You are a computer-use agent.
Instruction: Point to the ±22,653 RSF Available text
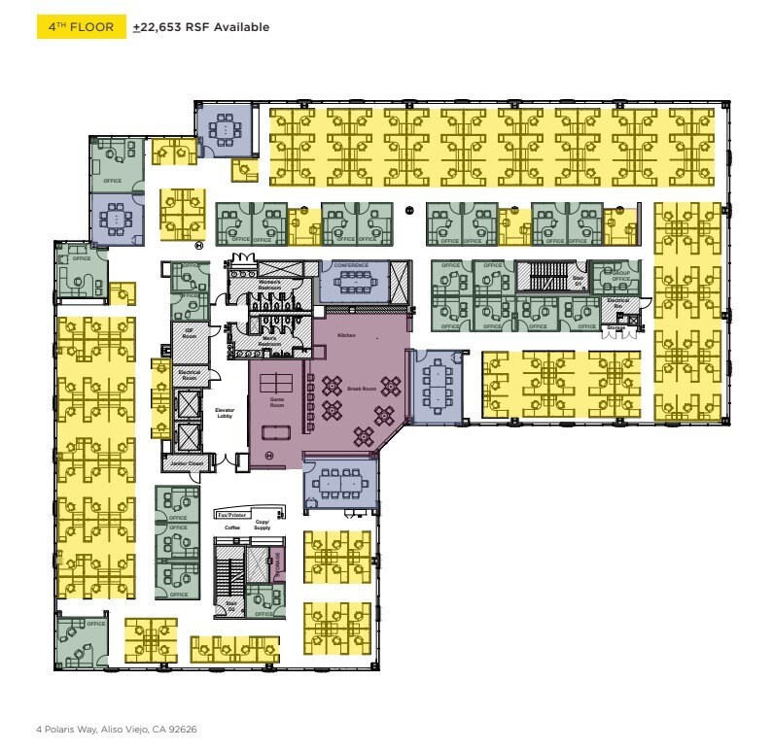(x=201, y=28)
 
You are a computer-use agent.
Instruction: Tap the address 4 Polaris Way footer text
(x=117, y=729)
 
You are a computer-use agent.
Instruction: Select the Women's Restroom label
(x=269, y=284)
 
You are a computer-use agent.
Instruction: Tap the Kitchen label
(x=347, y=335)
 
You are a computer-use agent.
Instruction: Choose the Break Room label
(x=361, y=389)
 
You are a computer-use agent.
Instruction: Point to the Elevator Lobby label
(x=225, y=412)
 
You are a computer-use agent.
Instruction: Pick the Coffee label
(x=231, y=528)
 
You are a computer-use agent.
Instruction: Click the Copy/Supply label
(x=262, y=526)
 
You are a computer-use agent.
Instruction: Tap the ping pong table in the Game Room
(x=278, y=378)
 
